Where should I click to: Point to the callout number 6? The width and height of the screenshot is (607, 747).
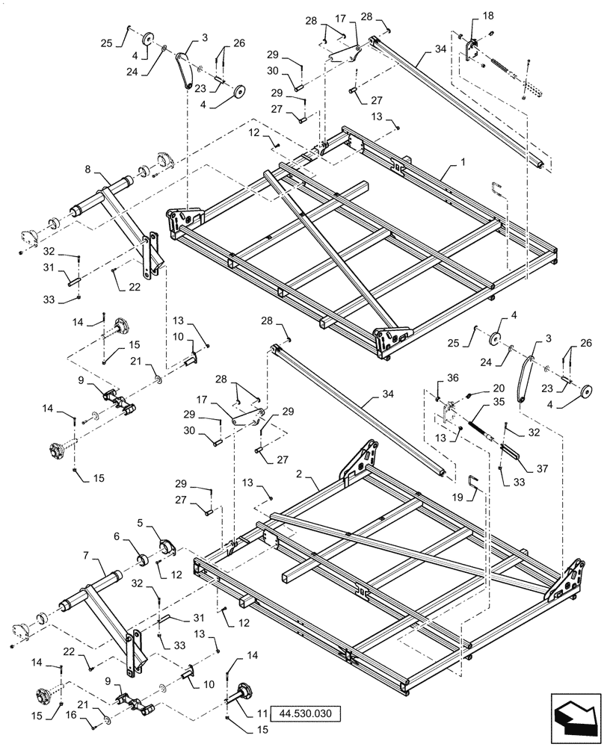click(118, 536)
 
